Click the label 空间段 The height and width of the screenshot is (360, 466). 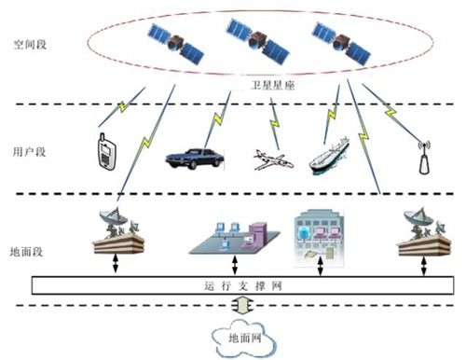tap(30, 43)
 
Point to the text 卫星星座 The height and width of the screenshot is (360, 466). tap(274, 85)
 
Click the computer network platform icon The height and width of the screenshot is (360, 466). tap(232, 237)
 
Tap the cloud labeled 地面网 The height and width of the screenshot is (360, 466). tap(238, 337)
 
